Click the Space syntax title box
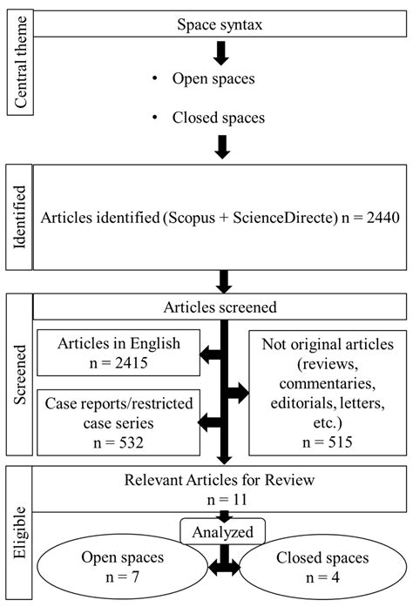(221, 24)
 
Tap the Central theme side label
(18, 63)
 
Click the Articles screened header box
(221, 307)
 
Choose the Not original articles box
(328, 392)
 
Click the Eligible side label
(18, 532)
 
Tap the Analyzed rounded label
(224, 529)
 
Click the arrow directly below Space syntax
(221, 53)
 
